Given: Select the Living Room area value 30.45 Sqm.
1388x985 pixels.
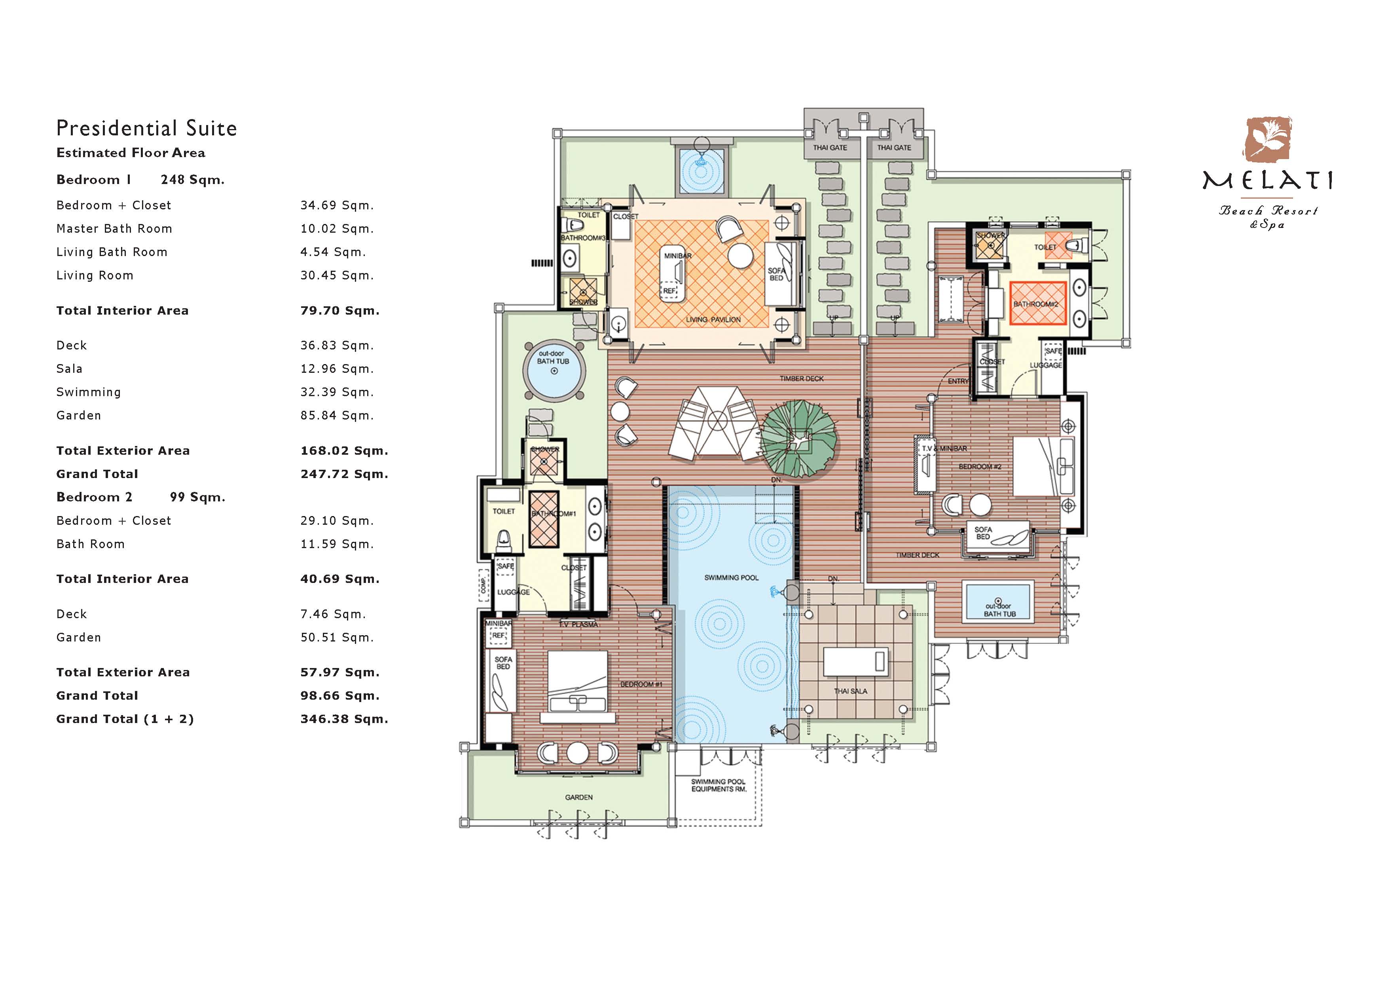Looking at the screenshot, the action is (337, 275).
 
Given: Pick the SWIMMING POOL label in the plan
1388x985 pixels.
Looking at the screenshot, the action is (731, 577).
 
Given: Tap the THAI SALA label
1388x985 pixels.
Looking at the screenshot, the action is (850, 691).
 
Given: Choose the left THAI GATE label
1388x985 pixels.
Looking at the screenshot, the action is (830, 147).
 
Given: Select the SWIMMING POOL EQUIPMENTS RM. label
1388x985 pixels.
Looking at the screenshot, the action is (719, 786).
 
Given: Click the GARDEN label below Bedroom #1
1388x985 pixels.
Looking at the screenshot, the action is (578, 797).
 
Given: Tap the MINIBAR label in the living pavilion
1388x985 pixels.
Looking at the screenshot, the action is (677, 256).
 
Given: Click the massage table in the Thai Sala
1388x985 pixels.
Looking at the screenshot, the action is (855, 662).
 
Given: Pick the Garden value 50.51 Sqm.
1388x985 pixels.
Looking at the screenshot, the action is (337, 638).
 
